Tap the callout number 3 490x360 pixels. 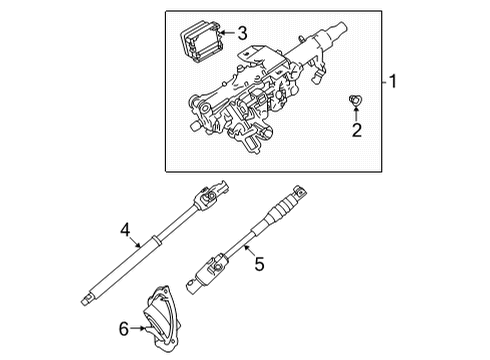point(241,33)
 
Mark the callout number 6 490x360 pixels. point(124,329)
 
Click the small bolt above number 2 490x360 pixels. point(354,100)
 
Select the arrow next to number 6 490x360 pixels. point(138,329)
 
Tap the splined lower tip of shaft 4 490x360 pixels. point(91,298)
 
